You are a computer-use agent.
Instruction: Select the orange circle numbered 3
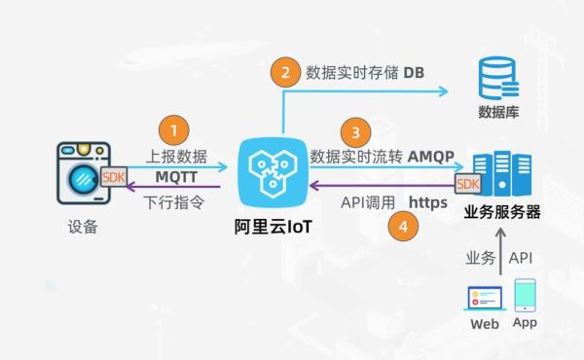pos(357,132)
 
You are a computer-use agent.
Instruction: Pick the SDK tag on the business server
pos(468,183)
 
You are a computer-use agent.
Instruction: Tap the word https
pos(428,202)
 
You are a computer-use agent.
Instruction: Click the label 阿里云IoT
pos(271,229)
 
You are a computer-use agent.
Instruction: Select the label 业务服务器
pos(502,212)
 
